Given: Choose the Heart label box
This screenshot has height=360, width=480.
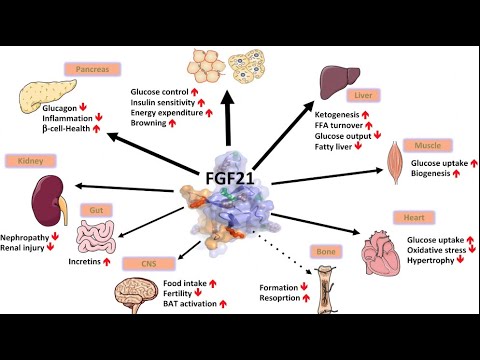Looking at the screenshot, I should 433,213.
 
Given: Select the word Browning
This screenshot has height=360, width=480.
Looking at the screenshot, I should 149,122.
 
